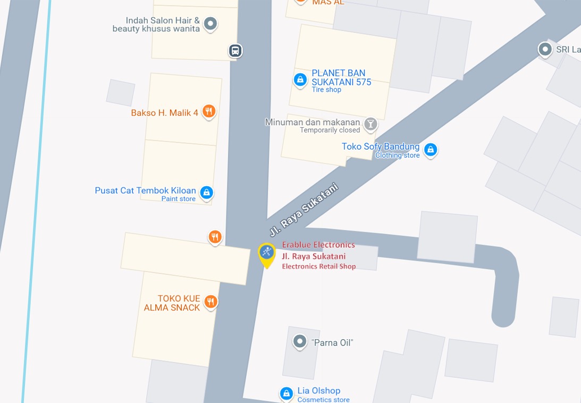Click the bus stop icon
click(235, 51)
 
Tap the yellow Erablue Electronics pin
click(267, 254)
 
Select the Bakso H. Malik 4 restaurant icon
click(209, 112)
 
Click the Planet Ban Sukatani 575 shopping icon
click(300, 80)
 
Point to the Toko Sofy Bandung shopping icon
click(431, 150)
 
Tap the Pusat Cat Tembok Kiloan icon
click(207, 192)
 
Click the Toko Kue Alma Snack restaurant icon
click(210, 302)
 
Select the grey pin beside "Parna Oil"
click(300, 341)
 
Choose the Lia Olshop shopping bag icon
click(287, 393)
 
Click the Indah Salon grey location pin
click(210, 23)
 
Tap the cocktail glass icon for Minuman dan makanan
click(371, 125)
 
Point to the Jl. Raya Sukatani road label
click(304, 210)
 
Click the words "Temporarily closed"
click(330, 130)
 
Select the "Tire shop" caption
click(326, 89)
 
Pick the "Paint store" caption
click(179, 199)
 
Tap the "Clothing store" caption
click(397, 155)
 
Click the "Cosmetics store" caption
click(323, 399)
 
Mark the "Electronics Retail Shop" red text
click(318, 266)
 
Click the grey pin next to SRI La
click(545, 50)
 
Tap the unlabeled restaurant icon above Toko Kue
click(215, 236)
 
